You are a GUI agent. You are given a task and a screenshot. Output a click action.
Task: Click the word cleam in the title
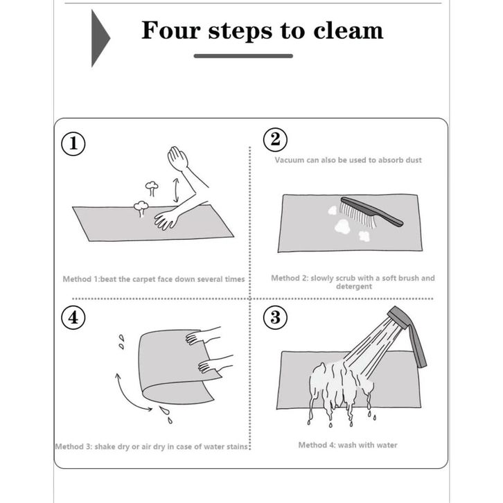[348, 30]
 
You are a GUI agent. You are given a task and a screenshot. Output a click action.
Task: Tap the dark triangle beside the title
[99, 38]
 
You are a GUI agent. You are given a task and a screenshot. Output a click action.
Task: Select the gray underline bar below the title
[243, 56]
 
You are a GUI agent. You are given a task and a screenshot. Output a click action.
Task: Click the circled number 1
[73, 143]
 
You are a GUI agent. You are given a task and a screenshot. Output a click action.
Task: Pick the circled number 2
[275, 139]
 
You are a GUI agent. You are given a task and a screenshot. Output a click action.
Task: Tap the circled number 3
[275, 317]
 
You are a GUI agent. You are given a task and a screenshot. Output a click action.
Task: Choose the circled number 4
[73, 317]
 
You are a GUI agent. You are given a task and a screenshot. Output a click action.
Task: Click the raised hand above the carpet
[177, 158]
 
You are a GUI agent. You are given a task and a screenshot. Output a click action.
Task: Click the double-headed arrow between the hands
[176, 191]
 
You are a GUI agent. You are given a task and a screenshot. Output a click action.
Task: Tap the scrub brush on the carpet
[371, 212]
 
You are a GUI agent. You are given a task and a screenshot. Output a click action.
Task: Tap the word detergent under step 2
[354, 286]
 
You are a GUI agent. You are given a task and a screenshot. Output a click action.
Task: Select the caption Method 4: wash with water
[348, 445]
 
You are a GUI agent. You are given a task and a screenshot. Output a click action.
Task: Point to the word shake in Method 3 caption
[105, 447]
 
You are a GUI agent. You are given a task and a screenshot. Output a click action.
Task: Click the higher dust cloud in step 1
[152, 188]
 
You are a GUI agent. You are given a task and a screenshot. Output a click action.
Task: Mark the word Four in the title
[171, 30]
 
